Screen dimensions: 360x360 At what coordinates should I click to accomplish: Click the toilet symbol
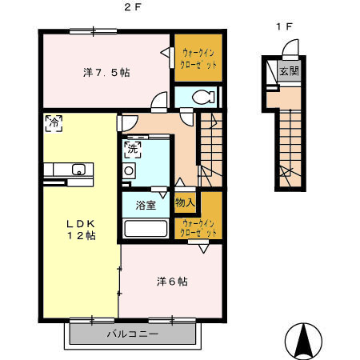(x=203, y=97)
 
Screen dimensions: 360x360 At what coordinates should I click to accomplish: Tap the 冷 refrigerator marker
(x=54, y=123)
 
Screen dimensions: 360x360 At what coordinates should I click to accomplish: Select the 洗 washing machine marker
(x=133, y=150)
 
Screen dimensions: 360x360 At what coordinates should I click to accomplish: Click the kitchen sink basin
(x=78, y=170)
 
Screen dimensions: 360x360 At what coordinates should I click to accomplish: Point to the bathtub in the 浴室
(x=146, y=228)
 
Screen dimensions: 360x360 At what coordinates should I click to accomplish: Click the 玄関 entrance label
(x=289, y=71)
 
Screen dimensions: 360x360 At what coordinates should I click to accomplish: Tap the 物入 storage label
(x=185, y=202)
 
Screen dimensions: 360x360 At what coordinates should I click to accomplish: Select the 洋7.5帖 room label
(x=106, y=73)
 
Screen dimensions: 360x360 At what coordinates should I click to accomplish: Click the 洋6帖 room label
(x=172, y=282)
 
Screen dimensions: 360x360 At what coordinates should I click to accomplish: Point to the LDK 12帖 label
(x=81, y=230)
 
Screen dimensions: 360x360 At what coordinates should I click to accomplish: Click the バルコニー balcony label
(x=133, y=334)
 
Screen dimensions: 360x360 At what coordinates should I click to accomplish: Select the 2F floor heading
(x=133, y=7)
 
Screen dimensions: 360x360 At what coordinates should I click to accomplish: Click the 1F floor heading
(x=285, y=26)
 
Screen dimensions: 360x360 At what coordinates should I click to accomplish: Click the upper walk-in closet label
(x=198, y=58)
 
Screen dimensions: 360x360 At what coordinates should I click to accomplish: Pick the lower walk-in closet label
(x=198, y=228)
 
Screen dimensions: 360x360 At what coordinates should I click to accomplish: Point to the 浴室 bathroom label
(x=146, y=206)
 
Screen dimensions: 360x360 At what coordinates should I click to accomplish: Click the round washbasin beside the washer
(x=129, y=170)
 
